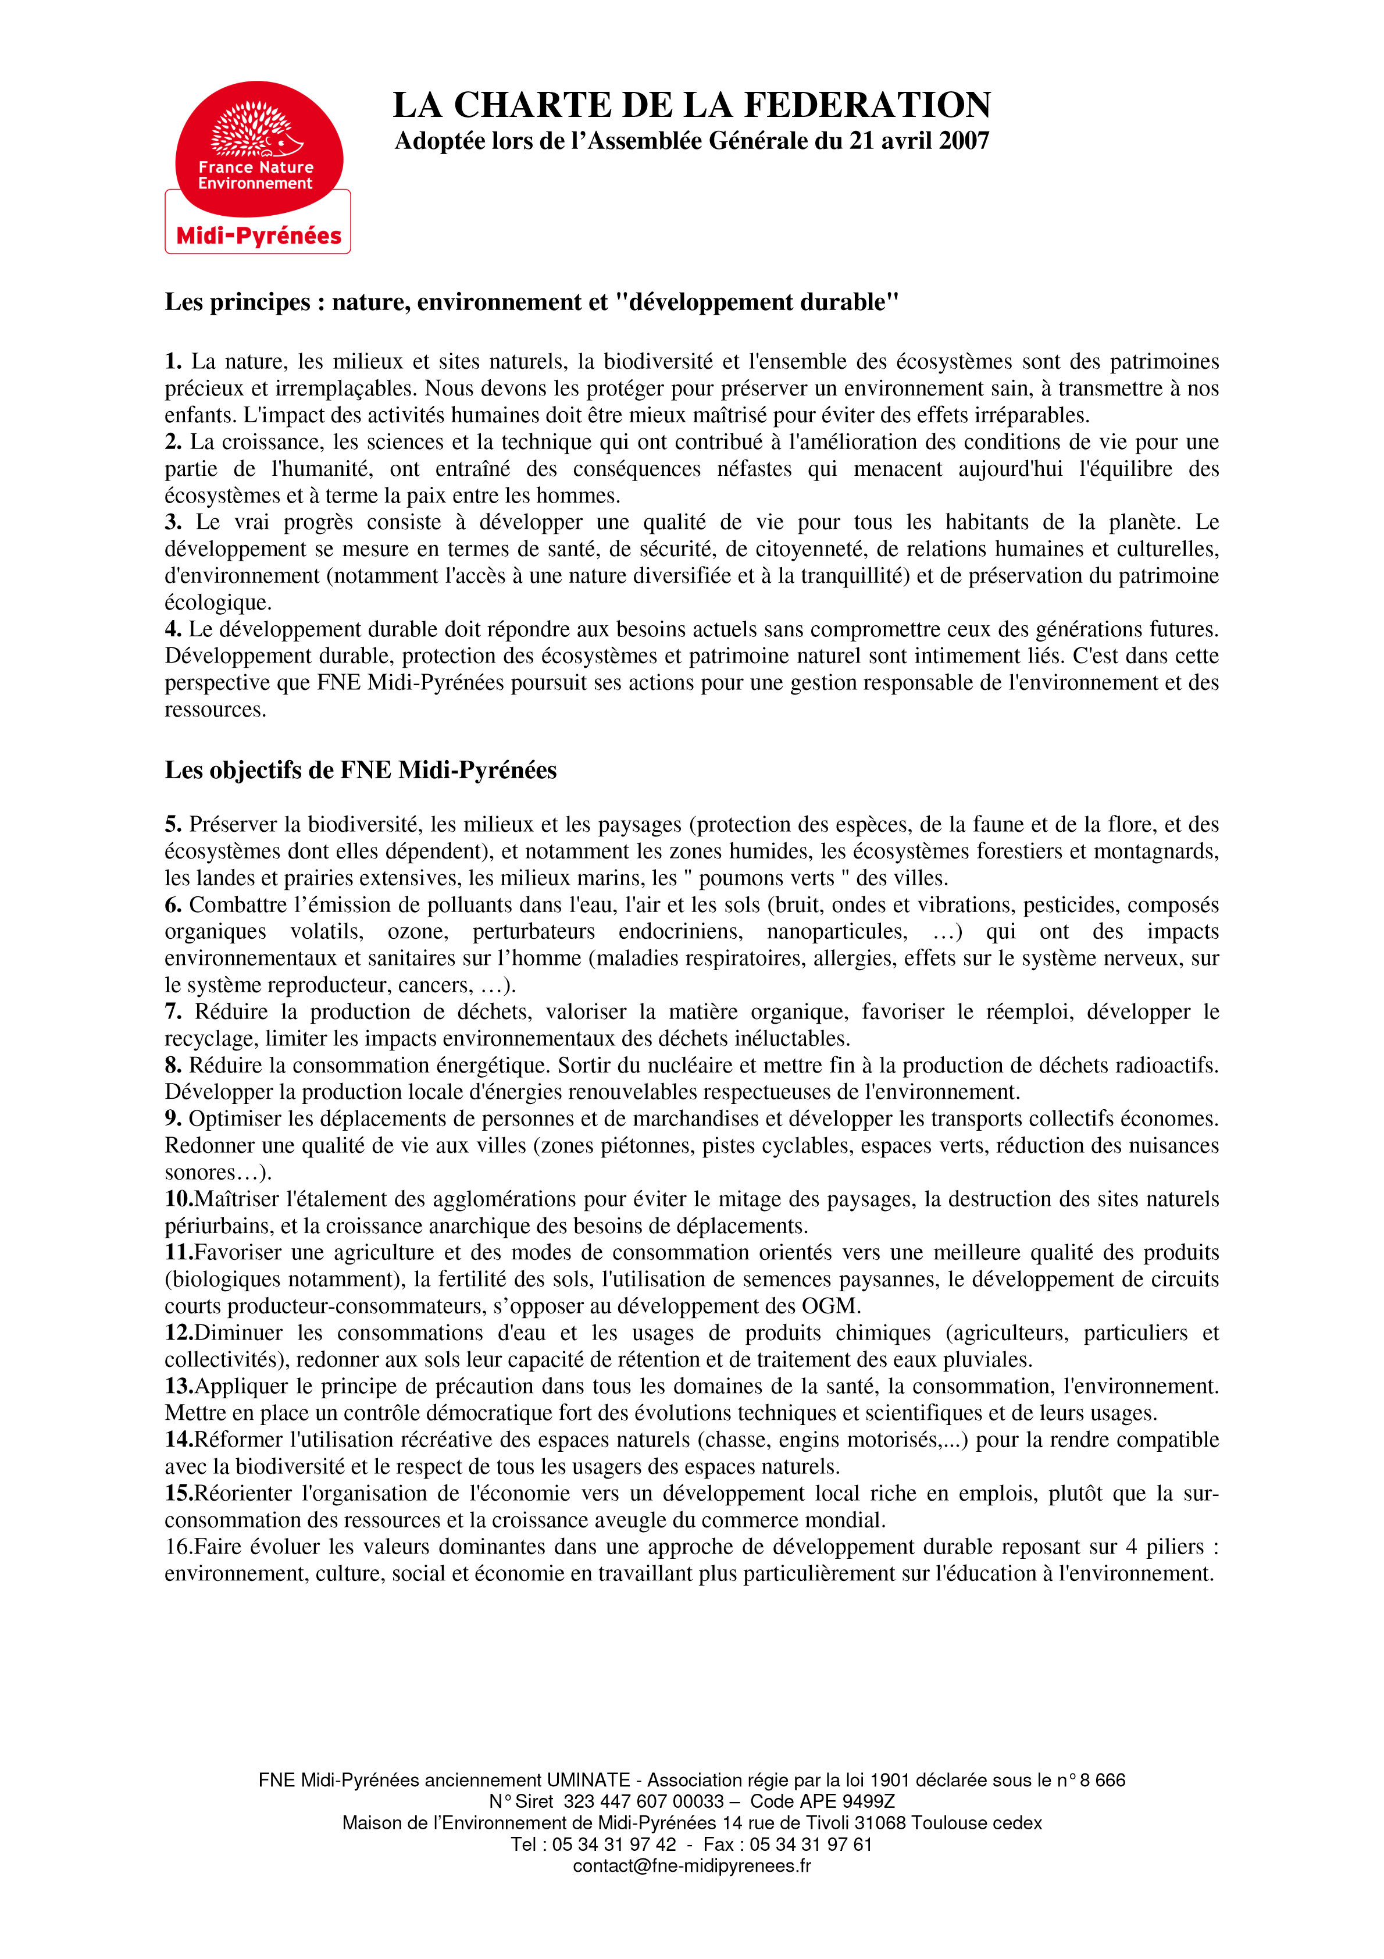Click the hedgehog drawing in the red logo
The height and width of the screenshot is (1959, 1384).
click(x=256, y=130)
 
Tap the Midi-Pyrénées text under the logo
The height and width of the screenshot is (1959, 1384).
click(x=259, y=236)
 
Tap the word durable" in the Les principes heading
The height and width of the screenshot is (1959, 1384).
click(x=849, y=302)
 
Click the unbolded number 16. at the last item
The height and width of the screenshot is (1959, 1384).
click(x=179, y=1547)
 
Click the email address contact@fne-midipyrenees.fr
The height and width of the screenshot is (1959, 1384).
click(x=692, y=1866)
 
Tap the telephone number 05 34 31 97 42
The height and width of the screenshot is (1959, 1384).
click(x=613, y=1844)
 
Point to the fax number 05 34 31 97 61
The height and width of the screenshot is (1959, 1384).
click(x=811, y=1844)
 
